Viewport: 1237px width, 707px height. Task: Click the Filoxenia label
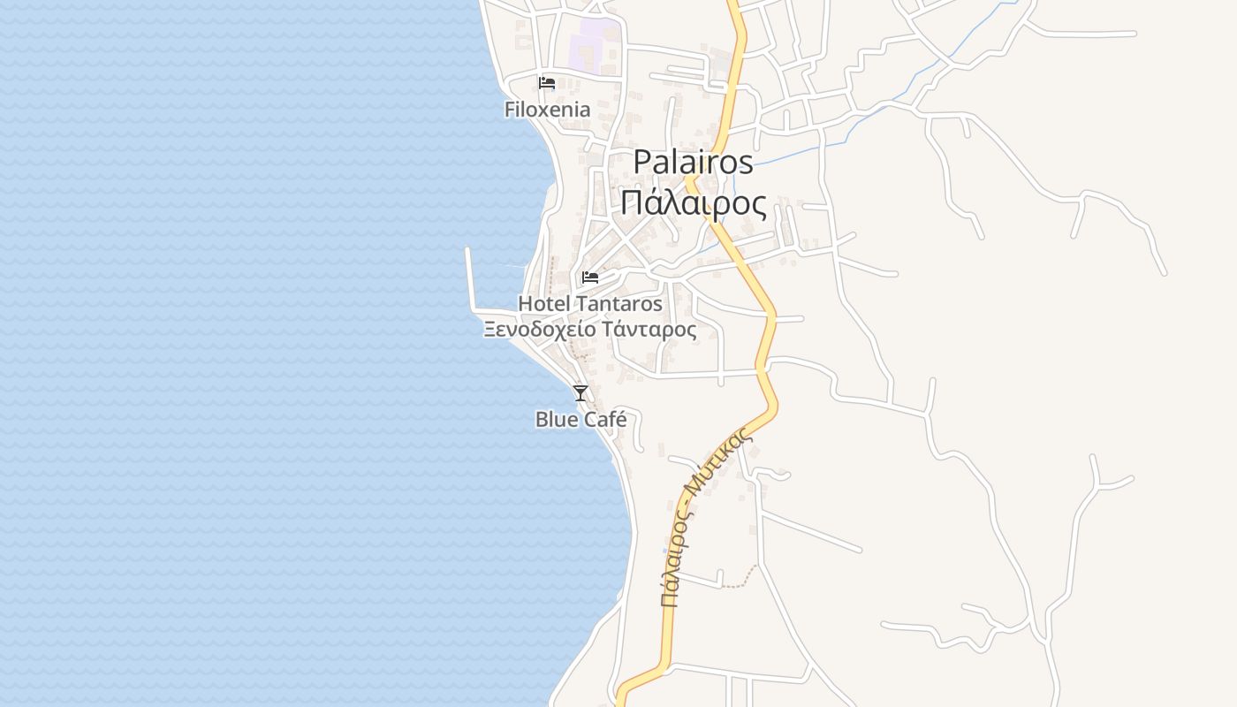pos(547,110)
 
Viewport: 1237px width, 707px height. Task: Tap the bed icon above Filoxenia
pos(547,83)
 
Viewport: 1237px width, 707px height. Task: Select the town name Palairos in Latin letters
pos(693,162)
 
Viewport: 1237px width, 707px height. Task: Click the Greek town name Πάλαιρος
pos(693,202)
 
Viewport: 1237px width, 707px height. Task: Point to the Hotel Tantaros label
pos(589,303)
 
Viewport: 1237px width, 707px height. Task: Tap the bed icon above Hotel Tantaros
pos(590,277)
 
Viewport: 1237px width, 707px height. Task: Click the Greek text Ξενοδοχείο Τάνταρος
pos(589,330)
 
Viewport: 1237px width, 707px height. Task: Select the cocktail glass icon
pos(581,393)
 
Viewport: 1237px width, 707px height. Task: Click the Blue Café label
pos(581,419)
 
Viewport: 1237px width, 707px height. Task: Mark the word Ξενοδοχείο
pos(539,330)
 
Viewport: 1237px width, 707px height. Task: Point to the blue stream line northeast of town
pos(937,71)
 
